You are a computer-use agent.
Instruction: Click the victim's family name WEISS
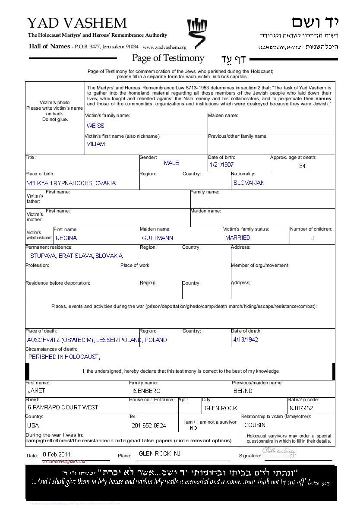click(x=95, y=126)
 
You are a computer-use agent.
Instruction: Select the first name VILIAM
click(x=96, y=144)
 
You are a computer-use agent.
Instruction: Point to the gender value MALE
click(x=171, y=163)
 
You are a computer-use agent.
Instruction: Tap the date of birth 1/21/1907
click(x=221, y=165)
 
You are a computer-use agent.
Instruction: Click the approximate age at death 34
click(x=302, y=166)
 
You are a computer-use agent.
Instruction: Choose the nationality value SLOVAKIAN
click(x=249, y=183)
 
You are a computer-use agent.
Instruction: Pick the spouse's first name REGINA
click(x=66, y=238)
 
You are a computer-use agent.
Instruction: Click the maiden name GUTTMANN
click(x=158, y=238)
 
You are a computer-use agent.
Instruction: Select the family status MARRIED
click(x=238, y=238)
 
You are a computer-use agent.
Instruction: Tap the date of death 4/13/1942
click(x=246, y=339)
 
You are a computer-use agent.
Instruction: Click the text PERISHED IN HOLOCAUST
click(x=64, y=357)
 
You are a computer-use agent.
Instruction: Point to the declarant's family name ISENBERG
click(x=146, y=391)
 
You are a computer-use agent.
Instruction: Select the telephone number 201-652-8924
click(x=149, y=425)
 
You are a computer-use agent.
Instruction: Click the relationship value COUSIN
click(x=255, y=425)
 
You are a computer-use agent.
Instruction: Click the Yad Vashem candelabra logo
click(x=197, y=32)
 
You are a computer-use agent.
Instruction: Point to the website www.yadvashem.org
click(x=164, y=48)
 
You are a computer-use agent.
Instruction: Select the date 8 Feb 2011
click(x=57, y=454)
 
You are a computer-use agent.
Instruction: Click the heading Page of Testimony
click(x=168, y=58)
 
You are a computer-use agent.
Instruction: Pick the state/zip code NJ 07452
click(x=301, y=408)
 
